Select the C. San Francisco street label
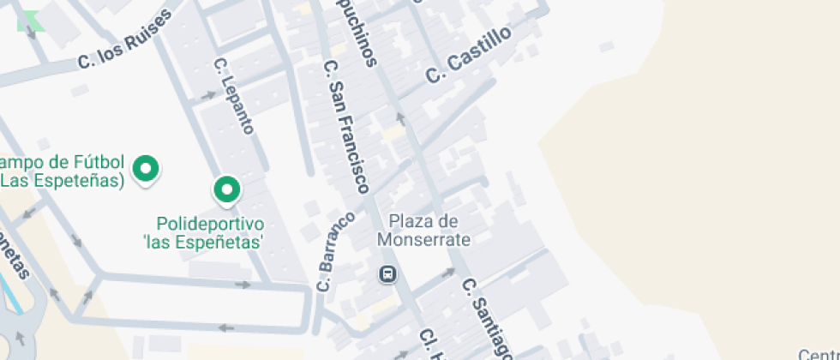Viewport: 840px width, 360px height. pos(347,126)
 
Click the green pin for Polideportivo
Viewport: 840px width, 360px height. pos(226,190)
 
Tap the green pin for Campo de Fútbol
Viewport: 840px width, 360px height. pos(146,168)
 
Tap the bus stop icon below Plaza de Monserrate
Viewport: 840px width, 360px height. pos(387,274)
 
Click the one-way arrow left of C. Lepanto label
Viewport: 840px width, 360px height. pos(208,94)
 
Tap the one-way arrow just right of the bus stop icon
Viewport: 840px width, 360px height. pos(447,273)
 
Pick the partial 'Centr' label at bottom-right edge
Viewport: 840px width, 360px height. pos(819,353)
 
